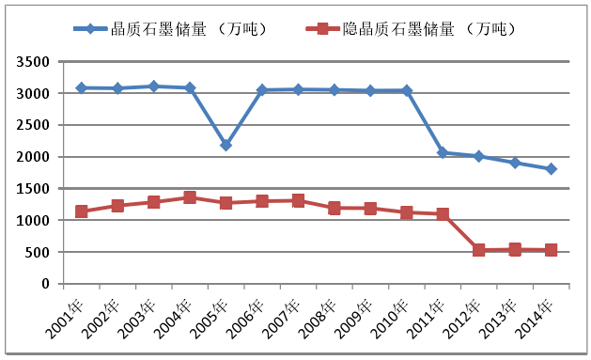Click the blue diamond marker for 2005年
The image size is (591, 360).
point(226,146)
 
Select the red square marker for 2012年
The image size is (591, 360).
point(479,250)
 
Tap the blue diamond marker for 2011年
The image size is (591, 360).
point(443,152)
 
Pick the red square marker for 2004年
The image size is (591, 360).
point(190,197)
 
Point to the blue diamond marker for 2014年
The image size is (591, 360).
point(552,169)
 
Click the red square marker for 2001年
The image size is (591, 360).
point(82,211)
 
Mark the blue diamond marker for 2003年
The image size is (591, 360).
point(154,86)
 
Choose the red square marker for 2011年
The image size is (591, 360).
point(443,214)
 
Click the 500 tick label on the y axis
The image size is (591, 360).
point(40,252)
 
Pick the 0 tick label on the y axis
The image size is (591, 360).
point(47,284)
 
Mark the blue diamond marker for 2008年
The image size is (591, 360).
point(334,90)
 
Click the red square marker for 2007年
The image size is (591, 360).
point(298,200)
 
